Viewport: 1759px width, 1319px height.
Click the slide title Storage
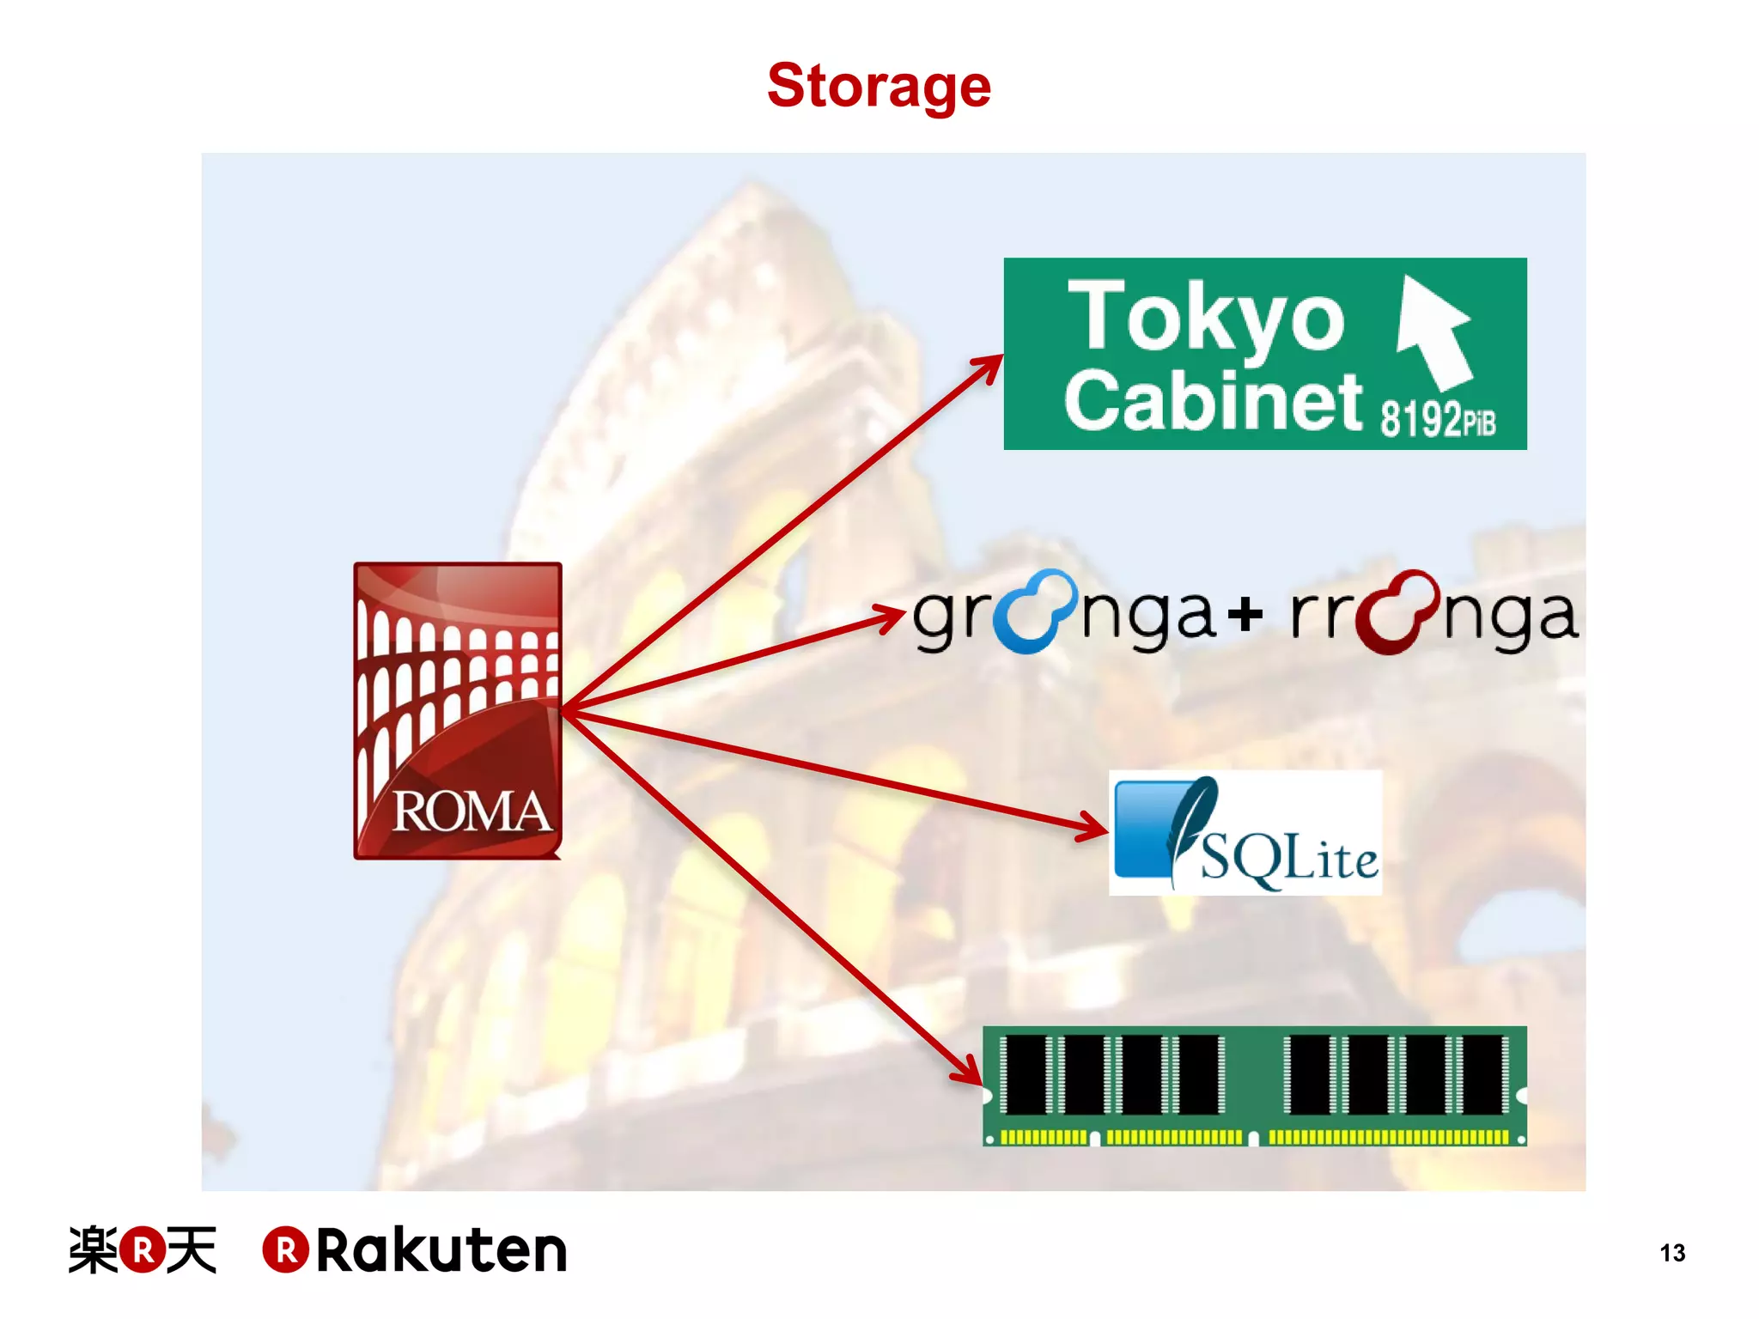[879, 86]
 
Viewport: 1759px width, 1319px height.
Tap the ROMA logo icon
[458, 711]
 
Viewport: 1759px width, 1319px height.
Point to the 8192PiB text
[1438, 420]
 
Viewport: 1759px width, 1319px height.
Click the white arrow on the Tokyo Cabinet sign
[1432, 331]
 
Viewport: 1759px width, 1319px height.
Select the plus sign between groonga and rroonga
[1245, 613]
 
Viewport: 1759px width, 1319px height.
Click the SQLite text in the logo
[1288, 859]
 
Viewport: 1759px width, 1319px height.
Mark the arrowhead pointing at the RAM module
[968, 1071]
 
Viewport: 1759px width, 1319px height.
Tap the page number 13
[1672, 1253]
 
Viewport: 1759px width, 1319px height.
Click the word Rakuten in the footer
[441, 1250]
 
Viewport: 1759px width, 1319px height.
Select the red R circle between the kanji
[143, 1249]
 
